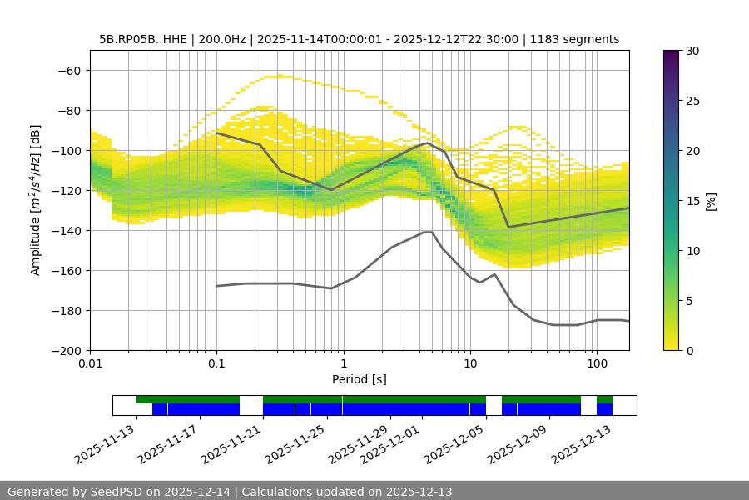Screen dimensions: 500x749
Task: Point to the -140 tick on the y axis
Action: pos(67,231)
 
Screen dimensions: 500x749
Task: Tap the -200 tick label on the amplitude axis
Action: pos(67,351)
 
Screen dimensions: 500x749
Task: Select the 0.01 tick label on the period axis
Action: pos(90,364)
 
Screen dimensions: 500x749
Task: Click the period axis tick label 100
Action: pos(596,364)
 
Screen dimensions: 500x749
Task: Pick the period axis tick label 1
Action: pos(343,364)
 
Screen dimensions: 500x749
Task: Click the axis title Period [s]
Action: pos(359,379)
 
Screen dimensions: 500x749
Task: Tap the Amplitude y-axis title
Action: pos(36,200)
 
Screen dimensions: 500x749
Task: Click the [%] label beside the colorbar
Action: pos(711,201)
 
